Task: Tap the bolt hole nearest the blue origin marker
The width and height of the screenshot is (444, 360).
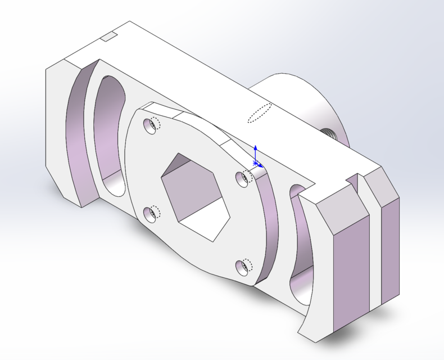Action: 243,178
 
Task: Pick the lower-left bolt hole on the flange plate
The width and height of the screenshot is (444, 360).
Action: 150,213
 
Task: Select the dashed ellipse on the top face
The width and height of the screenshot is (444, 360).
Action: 260,112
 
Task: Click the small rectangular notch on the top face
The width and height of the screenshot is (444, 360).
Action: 108,37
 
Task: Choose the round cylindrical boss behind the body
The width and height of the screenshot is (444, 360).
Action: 298,101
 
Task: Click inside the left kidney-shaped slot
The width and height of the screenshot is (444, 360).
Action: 110,135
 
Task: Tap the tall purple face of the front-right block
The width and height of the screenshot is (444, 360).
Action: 351,270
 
